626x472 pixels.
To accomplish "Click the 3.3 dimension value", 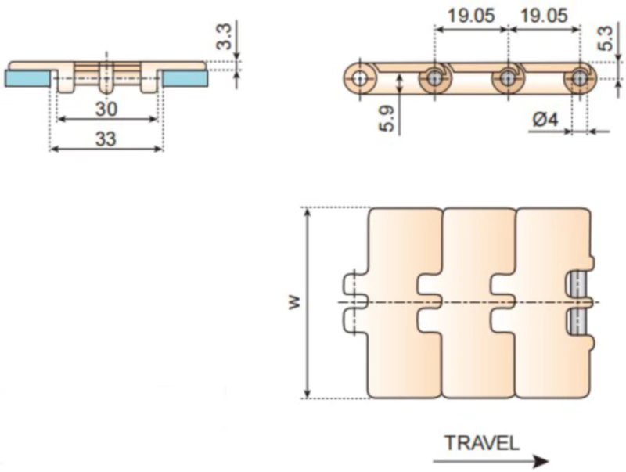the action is (x=225, y=37).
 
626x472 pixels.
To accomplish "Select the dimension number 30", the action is (x=106, y=109).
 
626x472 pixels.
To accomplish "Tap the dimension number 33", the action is (x=106, y=139).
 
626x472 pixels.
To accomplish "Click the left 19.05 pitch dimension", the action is (x=471, y=16).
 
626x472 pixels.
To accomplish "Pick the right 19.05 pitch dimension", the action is (x=544, y=16).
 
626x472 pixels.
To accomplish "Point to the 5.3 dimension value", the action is (x=605, y=38).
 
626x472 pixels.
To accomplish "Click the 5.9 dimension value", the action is (x=387, y=119).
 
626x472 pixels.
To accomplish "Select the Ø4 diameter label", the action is (x=545, y=120).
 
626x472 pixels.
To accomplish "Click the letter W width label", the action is (x=293, y=302).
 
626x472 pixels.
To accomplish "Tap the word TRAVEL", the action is (x=482, y=443).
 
